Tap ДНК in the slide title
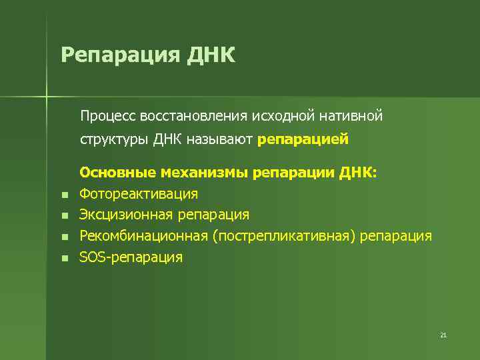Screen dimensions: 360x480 coord(211,54)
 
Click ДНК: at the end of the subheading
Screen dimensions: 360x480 coord(358,173)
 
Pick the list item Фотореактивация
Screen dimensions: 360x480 coord(139,194)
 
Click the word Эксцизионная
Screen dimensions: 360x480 coord(127,215)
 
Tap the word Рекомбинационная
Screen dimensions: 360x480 coord(144,236)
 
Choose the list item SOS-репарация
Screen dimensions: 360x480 coord(131,257)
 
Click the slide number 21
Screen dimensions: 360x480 coord(443,335)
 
